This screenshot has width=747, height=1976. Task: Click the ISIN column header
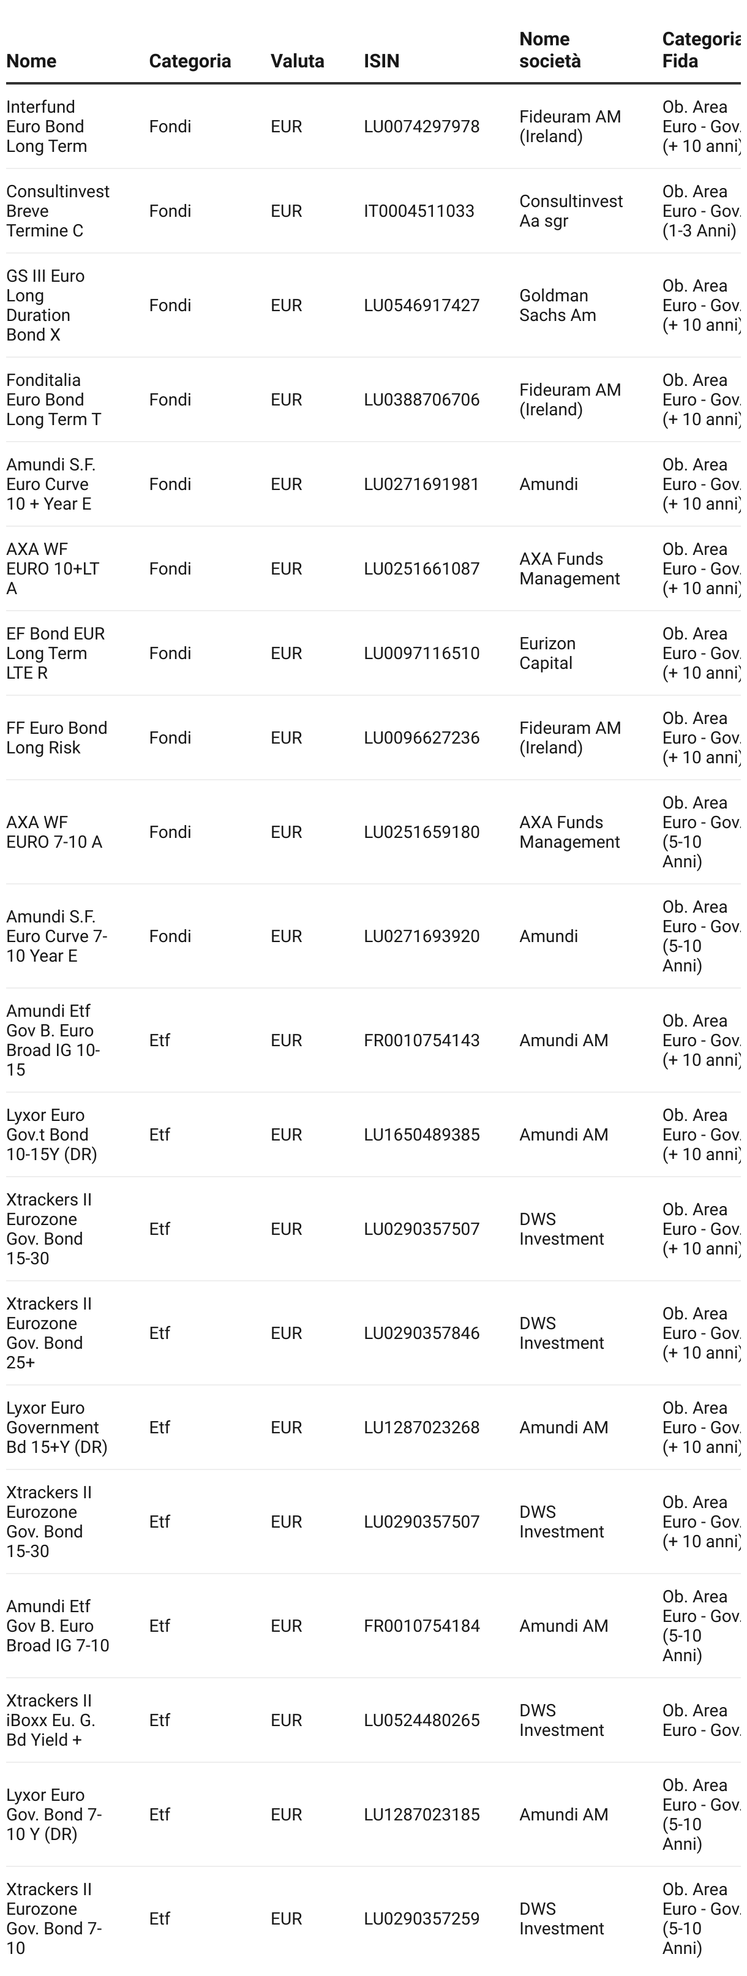pyautogui.click(x=381, y=61)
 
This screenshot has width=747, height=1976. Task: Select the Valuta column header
pyautogui.click(x=297, y=61)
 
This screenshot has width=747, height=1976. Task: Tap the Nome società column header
pyautogui.click(x=549, y=50)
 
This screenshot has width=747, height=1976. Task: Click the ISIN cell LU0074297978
pyautogui.click(x=421, y=127)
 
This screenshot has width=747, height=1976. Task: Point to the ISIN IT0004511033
pyautogui.click(x=419, y=211)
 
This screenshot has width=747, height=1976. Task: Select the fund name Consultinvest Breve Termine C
pyautogui.click(x=58, y=211)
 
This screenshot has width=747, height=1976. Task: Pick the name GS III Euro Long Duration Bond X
pyautogui.click(x=45, y=305)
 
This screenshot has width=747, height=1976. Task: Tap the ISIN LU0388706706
pyautogui.click(x=421, y=399)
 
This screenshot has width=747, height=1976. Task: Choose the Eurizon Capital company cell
pyautogui.click(x=547, y=654)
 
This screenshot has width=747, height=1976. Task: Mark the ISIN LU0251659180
pyautogui.click(x=421, y=832)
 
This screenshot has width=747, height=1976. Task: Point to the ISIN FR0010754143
pyautogui.click(x=421, y=1040)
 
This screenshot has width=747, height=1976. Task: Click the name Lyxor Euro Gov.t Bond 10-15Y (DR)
pyautogui.click(x=51, y=1134)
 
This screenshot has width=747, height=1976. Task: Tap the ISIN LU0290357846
pyautogui.click(x=421, y=1333)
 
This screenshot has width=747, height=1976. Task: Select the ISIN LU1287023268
pyautogui.click(x=421, y=1428)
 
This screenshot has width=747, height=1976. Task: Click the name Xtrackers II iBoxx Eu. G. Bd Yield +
pyautogui.click(x=51, y=1720)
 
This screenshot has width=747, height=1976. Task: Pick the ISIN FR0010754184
pyautogui.click(x=421, y=1626)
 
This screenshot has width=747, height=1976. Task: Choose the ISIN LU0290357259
pyautogui.click(x=421, y=1918)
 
